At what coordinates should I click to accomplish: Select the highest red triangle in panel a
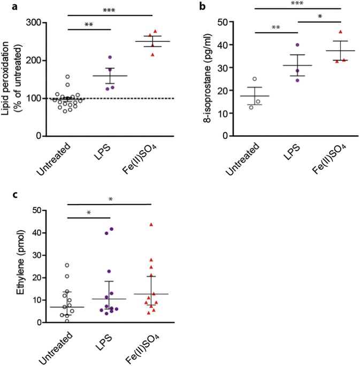(155, 32)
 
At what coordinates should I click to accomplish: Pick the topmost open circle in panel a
(68, 76)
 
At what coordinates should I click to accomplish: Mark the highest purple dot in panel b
(297, 45)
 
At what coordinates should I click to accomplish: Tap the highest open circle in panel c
(67, 265)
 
